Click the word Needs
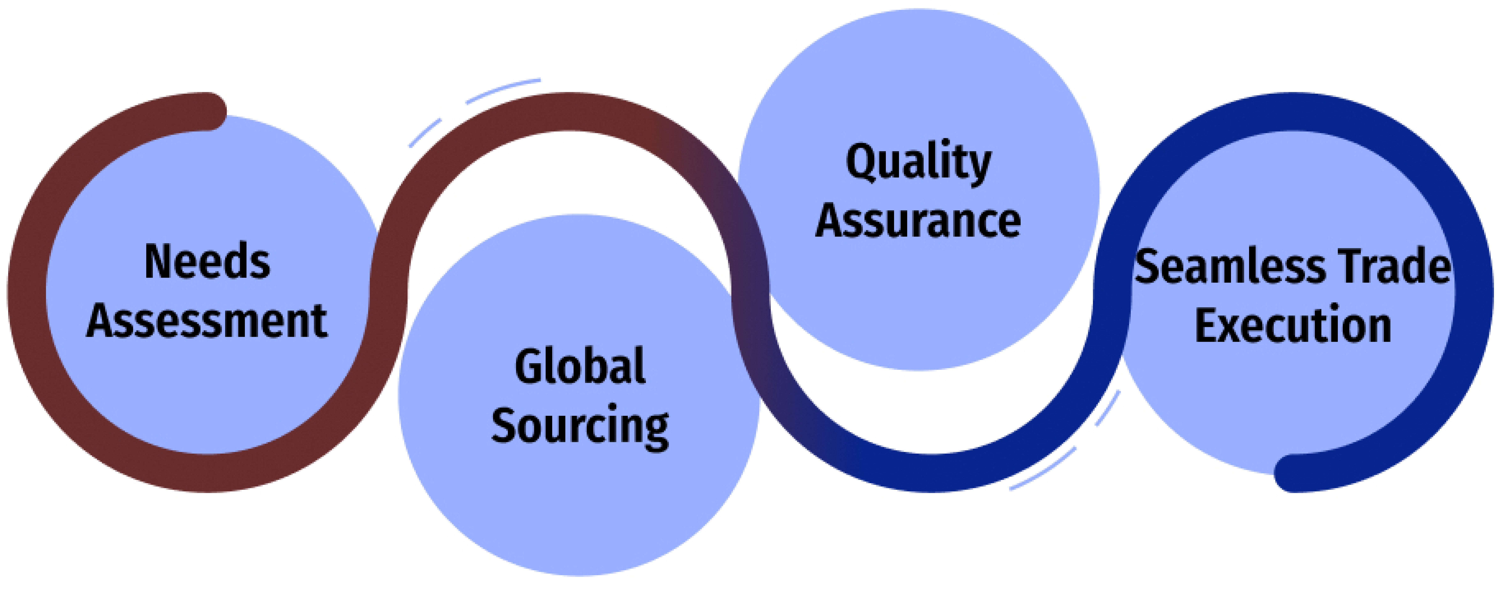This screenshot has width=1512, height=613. pyautogui.click(x=207, y=262)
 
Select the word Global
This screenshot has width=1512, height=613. pyautogui.click(x=580, y=366)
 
